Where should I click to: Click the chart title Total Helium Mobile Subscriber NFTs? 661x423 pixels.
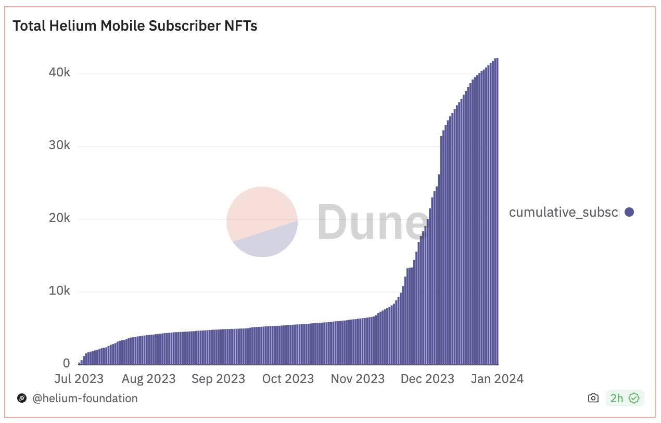click(x=135, y=26)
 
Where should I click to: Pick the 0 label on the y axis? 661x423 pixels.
click(x=66, y=363)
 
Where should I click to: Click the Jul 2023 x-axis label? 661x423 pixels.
click(x=79, y=379)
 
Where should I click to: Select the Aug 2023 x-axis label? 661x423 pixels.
click(x=148, y=379)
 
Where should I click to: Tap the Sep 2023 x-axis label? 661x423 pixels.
click(x=218, y=379)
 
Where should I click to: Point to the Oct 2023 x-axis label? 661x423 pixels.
click(x=288, y=379)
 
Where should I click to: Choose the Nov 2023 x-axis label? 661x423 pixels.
click(x=358, y=379)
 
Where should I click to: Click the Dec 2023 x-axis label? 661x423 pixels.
click(x=427, y=379)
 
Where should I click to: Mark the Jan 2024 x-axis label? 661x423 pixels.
click(x=497, y=379)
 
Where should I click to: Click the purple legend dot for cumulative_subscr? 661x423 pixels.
click(x=629, y=212)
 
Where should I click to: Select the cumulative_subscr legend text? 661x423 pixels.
click(x=564, y=212)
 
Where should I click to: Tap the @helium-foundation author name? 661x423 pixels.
click(x=85, y=399)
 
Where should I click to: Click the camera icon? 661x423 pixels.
click(x=593, y=399)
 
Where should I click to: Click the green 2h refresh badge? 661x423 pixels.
click(x=625, y=399)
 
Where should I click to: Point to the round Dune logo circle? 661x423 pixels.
click(x=262, y=222)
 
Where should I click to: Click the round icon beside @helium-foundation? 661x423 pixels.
click(x=22, y=399)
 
